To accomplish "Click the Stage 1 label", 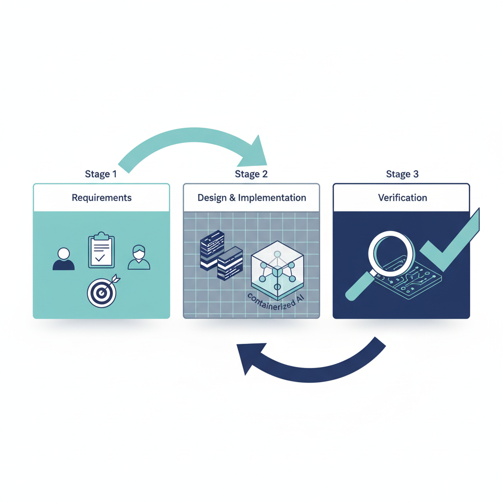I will point(101,174).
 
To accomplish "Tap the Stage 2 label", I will point(251,174).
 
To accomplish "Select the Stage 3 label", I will point(402,174).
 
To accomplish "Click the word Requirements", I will point(101,198).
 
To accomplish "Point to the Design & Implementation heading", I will point(251,198).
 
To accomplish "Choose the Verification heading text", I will point(402,198).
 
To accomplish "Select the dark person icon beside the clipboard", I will point(64,259).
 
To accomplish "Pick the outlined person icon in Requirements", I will point(139,258).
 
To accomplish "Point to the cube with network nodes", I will point(277,269).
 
